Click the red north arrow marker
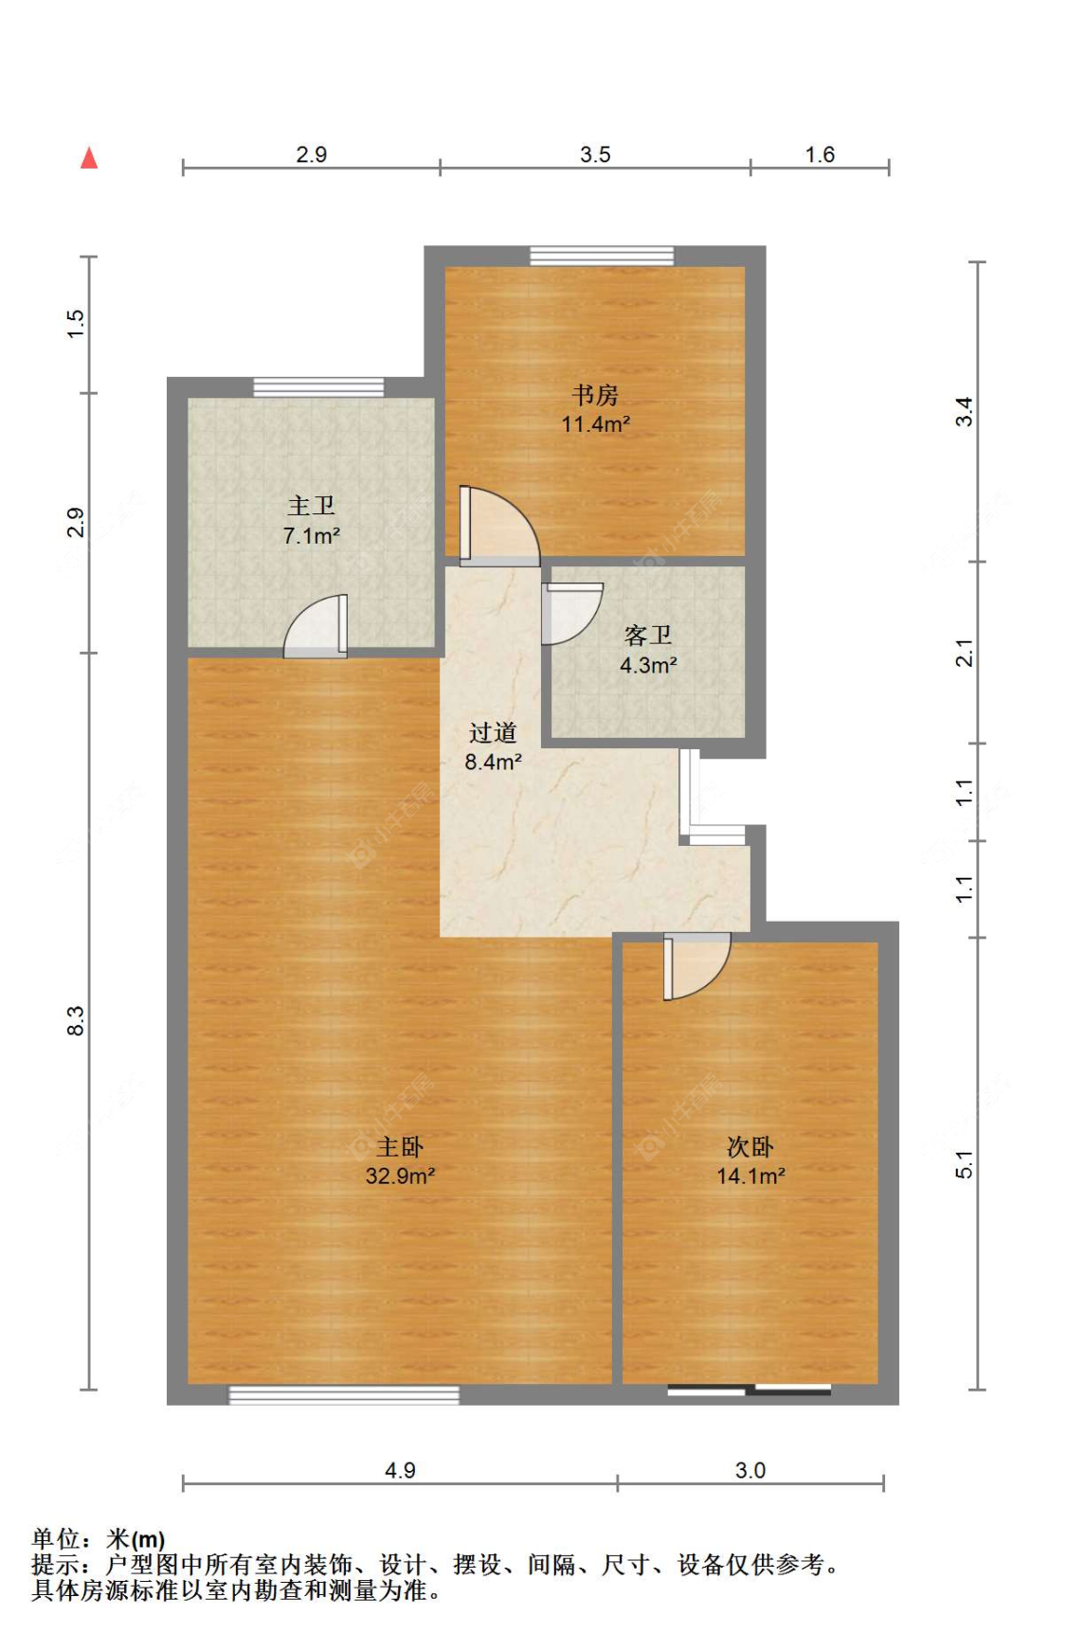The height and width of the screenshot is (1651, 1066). [89, 157]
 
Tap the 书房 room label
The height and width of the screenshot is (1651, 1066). [595, 394]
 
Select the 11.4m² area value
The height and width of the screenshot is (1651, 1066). [595, 423]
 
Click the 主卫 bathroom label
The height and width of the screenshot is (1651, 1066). [311, 506]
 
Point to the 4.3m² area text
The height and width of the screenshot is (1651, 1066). [648, 665]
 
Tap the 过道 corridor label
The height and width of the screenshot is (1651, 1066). [493, 732]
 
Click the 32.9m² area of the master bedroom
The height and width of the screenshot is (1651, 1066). [400, 1175]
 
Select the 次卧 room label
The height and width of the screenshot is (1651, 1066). [750, 1147]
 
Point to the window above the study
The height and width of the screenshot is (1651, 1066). [602, 256]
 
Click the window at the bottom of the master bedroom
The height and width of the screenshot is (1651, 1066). [344, 1394]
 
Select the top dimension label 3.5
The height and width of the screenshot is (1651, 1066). [595, 154]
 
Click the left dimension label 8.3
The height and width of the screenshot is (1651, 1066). [76, 1021]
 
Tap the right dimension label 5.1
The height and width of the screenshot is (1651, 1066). [964, 1164]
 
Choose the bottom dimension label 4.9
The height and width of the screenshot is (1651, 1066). [400, 1470]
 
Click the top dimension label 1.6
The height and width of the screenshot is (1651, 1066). [820, 154]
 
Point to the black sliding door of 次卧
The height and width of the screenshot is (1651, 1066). [750, 1391]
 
